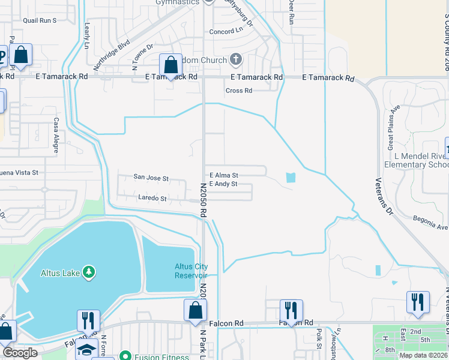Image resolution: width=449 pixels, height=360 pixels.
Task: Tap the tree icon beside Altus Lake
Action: point(89,273)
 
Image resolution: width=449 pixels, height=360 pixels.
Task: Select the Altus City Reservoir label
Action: point(191,271)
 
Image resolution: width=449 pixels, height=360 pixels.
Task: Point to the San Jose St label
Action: point(151,178)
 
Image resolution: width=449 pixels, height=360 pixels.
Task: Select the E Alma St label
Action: point(223,176)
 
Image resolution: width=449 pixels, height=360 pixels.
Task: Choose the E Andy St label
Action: point(223,184)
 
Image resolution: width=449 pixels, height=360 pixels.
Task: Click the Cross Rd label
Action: point(238,91)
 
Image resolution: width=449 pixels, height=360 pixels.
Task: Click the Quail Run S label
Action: point(39,20)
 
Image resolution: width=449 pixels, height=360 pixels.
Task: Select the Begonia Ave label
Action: point(430,223)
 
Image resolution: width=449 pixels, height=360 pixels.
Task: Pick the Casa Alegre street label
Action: point(56,134)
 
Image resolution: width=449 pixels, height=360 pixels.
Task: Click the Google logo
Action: point(20,353)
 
